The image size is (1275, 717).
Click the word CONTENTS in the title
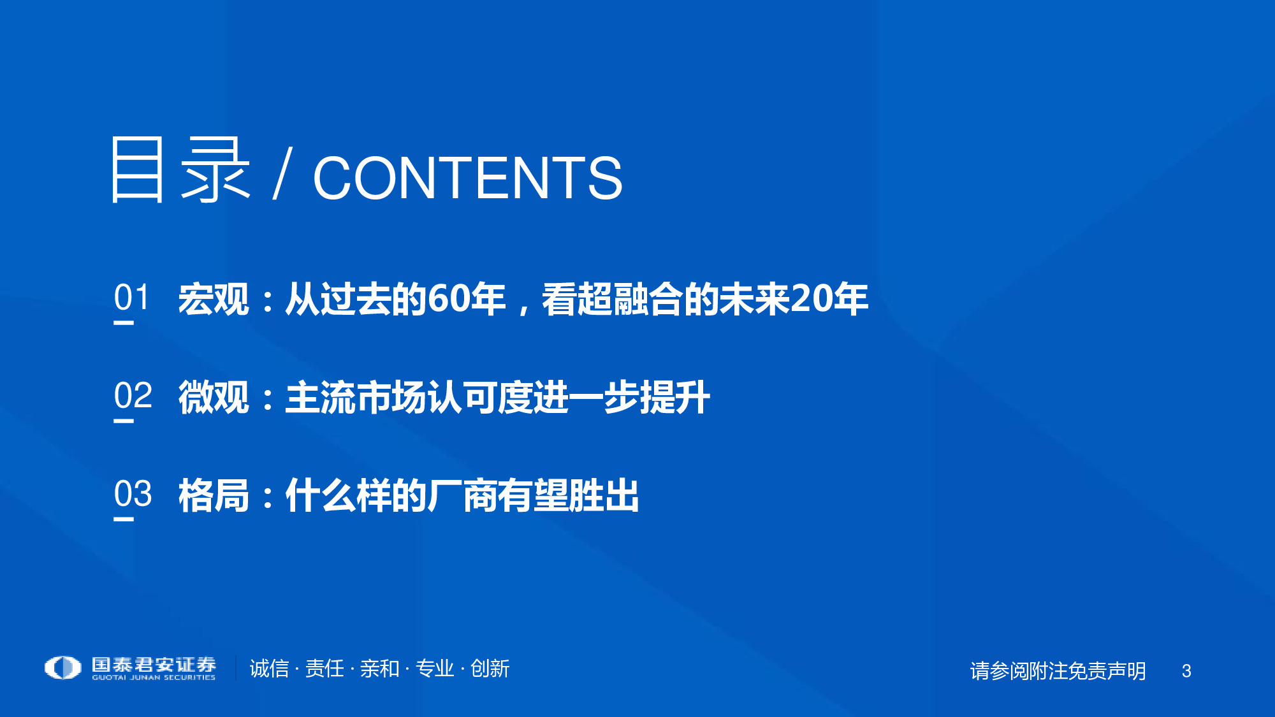(x=467, y=178)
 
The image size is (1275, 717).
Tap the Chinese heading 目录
(x=180, y=170)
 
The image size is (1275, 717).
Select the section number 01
(x=131, y=298)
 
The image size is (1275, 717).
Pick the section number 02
(x=133, y=396)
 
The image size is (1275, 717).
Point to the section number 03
(x=133, y=494)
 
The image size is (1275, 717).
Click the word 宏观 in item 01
(x=214, y=299)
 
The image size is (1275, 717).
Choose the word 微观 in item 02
(x=214, y=397)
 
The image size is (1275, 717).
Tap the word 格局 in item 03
(x=214, y=495)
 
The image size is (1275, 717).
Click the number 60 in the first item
(x=448, y=299)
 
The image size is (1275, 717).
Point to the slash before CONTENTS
(x=282, y=173)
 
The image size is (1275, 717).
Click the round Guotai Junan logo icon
(x=62, y=667)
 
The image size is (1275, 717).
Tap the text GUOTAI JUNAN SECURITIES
(x=154, y=677)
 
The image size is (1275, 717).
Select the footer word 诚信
(x=269, y=669)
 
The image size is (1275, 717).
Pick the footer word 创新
(x=490, y=669)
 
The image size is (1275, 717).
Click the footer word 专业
(x=435, y=669)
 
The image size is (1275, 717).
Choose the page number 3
(x=1186, y=671)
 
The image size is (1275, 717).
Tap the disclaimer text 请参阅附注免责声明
(x=1058, y=671)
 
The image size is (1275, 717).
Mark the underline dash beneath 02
(x=124, y=421)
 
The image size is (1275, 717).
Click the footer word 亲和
(x=379, y=669)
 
